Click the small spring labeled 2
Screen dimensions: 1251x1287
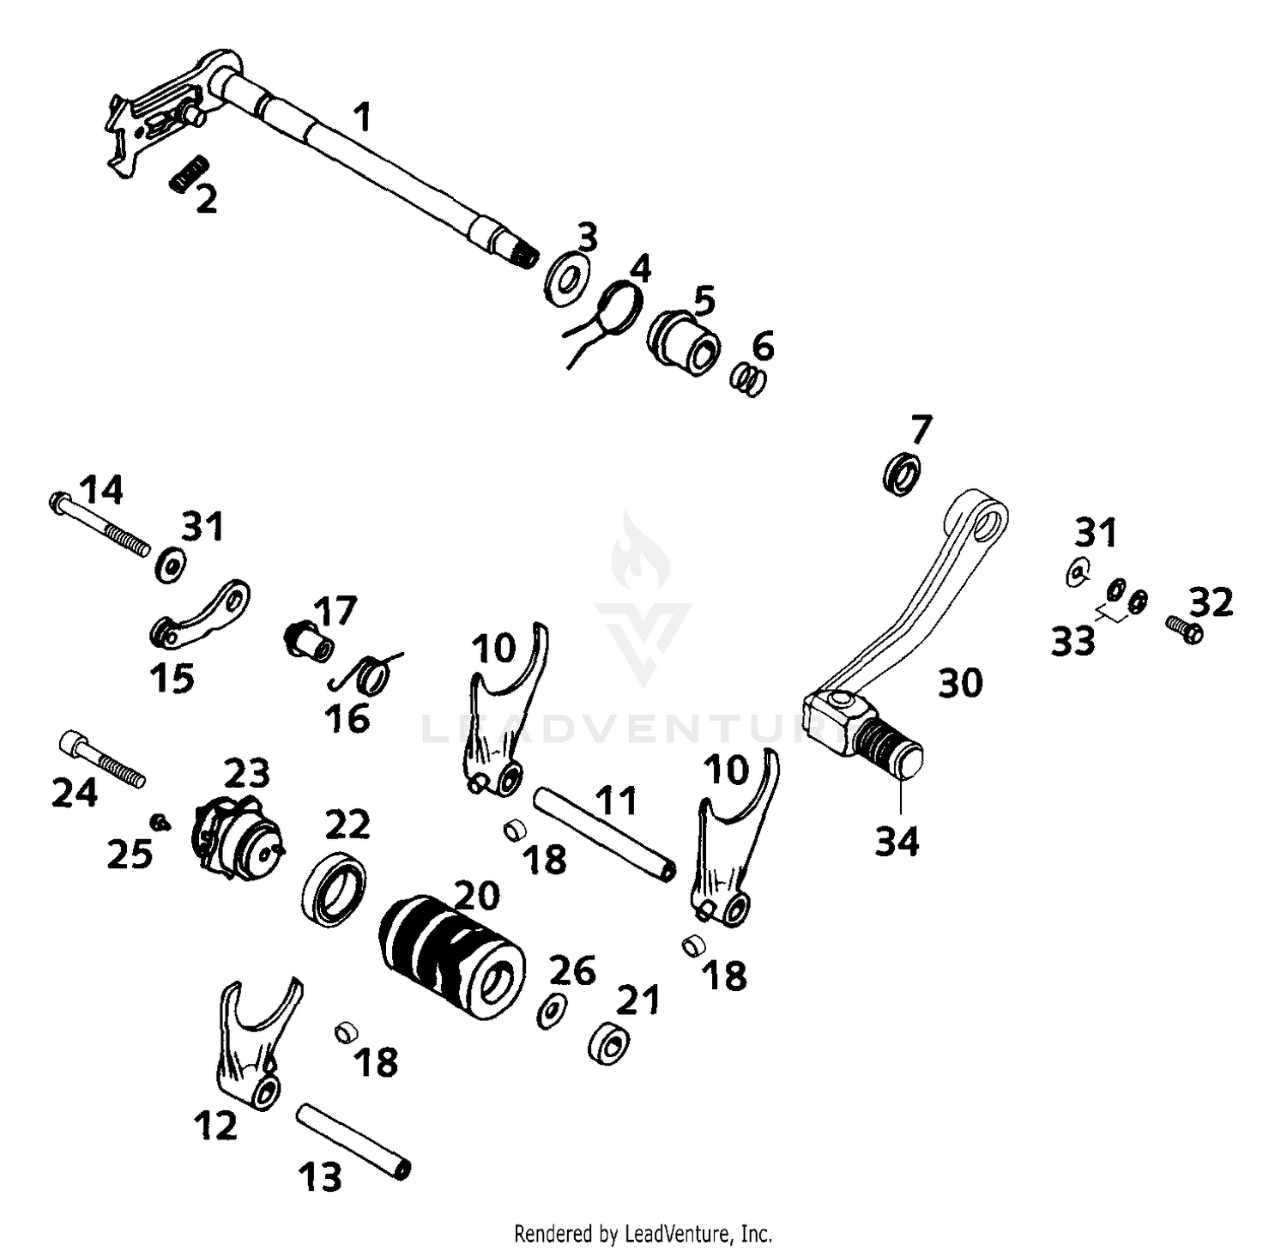point(189,174)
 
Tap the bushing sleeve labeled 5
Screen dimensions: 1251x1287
point(684,340)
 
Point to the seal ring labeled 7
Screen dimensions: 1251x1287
point(902,474)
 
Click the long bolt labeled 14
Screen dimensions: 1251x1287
point(99,523)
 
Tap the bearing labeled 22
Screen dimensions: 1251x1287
point(334,889)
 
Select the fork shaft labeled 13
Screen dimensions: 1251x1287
point(353,1142)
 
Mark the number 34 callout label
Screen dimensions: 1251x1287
point(897,842)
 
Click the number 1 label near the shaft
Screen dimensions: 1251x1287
point(363,117)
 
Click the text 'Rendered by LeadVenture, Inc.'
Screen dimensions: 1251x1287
point(643,1234)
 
